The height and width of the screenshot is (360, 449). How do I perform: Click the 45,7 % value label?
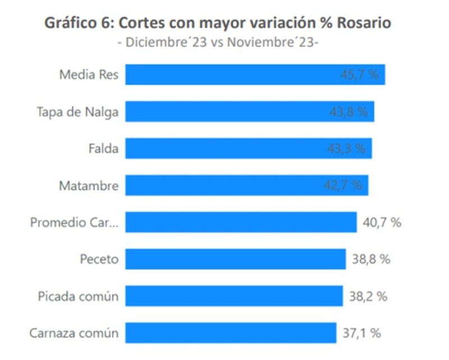tap(360, 75)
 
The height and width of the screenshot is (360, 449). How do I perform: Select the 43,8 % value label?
tap(349, 112)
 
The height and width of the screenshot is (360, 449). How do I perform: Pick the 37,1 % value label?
tap(361, 333)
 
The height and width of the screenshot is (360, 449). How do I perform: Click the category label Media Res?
tap(89, 75)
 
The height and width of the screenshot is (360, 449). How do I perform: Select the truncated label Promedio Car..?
tap(74, 223)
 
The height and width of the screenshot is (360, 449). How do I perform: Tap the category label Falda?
tap(103, 149)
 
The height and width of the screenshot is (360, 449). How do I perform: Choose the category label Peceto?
tap(99, 259)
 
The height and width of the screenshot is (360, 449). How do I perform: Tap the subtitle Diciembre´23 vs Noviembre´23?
tap(217, 43)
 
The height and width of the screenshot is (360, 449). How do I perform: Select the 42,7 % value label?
tap(342, 186)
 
